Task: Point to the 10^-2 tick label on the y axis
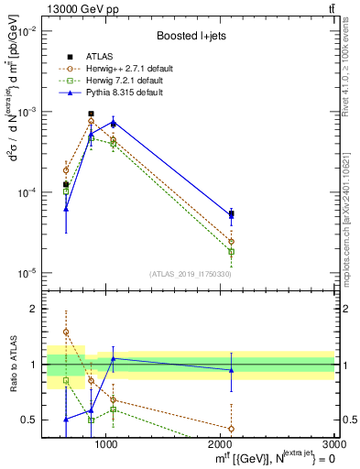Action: click(x=26, y=31)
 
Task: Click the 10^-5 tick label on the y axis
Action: click(x=26, y=273)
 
